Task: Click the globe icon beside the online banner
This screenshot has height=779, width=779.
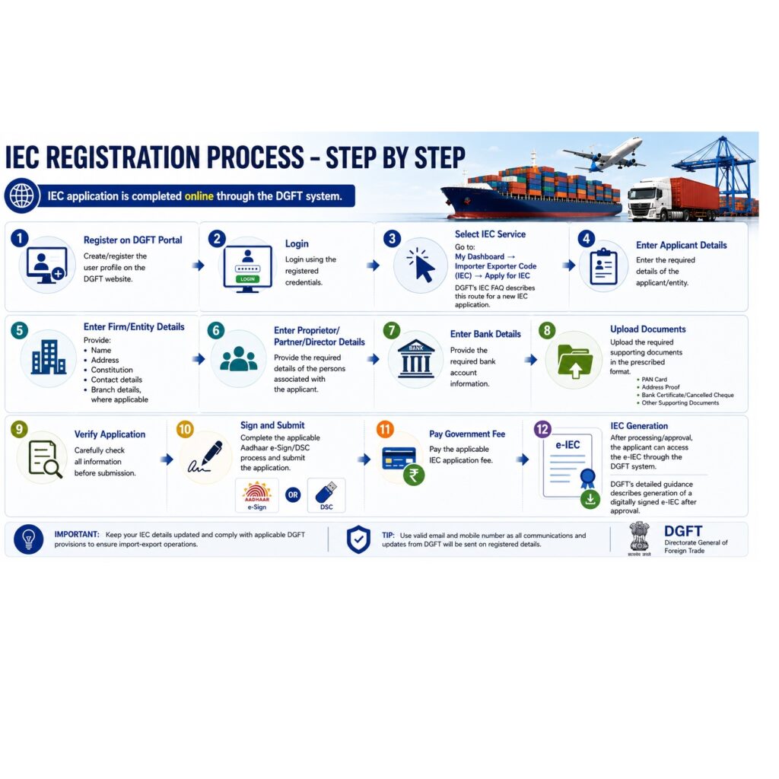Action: click(x=22, y=196)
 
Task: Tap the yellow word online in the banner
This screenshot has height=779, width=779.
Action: click(x=199, y=196)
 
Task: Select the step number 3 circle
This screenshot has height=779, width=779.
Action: click(x=392, y=238)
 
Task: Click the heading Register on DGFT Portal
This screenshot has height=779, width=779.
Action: click(x=132, y=240)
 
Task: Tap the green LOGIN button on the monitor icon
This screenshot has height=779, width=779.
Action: click(x=247, y=279)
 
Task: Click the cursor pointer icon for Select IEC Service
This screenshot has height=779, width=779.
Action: click(x=421, y=265)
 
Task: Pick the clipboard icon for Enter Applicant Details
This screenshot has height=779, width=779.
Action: click(x=603, y=267)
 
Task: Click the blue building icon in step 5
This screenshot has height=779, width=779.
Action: click(x=49, y=358)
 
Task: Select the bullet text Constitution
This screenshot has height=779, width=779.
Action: click(x=112, y=370)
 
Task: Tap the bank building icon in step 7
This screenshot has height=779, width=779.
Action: click(x=416, y=359)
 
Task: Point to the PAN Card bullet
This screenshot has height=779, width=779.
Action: click(x=654, y=380)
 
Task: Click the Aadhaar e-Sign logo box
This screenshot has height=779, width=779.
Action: click(x=257, y=495)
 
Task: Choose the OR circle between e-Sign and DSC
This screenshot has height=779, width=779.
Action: click(x=293, y=494)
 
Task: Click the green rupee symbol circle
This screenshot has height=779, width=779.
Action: click(x=414, y=475)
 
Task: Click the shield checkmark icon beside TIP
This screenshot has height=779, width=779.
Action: click(x=358, y=539)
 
